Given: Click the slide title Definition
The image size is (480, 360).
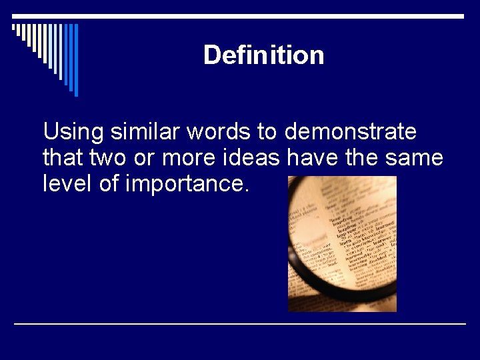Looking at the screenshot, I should pyautogui.click(x=263, y=55).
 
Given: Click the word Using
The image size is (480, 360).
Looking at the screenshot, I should pyautogui.click(x=73, y=133).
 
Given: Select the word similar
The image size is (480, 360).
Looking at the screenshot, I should pyautogui.click(x=145, y=132).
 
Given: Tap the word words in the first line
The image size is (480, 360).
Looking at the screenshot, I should pyautogui.click(x=218, y=132).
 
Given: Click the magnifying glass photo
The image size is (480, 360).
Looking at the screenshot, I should pyautogui.click(x=342, y=244).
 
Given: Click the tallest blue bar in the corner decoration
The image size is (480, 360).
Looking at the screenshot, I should pyautogui.click(x=76, y=60).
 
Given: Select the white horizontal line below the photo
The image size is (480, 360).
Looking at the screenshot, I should pyautogui.click(x=240, y=323).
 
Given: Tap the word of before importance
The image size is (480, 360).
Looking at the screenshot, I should pyautogui.click(x=109, y=183).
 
